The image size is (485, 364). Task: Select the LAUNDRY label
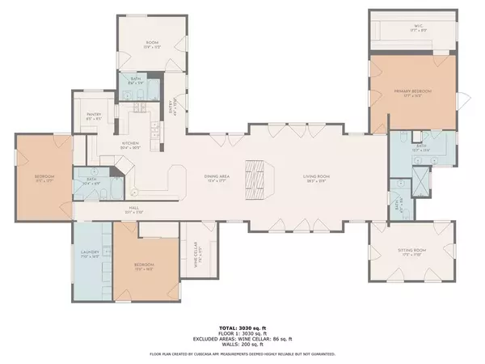(90, 253)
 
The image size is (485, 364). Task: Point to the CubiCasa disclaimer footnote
(242, 354)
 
